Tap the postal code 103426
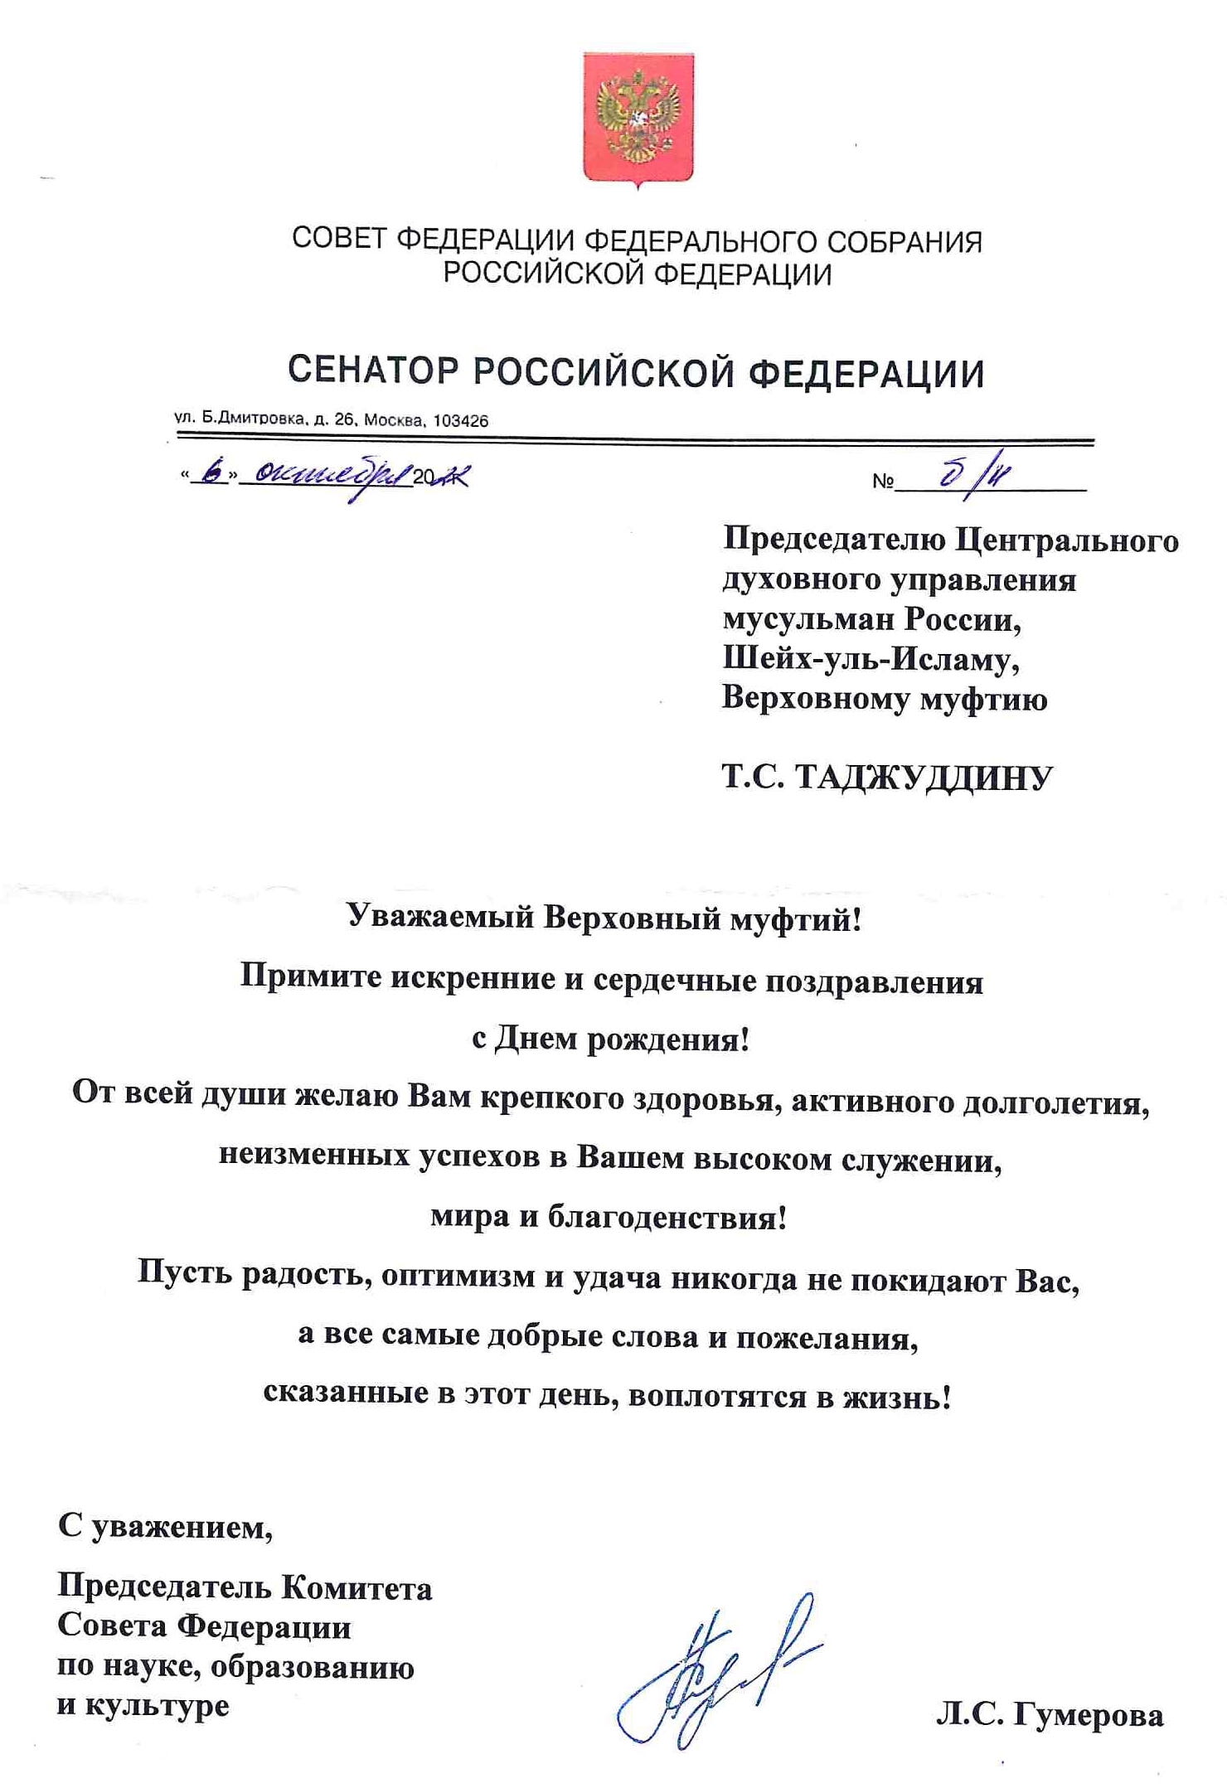461,420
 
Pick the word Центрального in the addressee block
1067,540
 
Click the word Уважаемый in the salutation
439,918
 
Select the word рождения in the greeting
667,1038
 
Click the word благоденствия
666,1218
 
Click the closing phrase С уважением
165,1526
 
